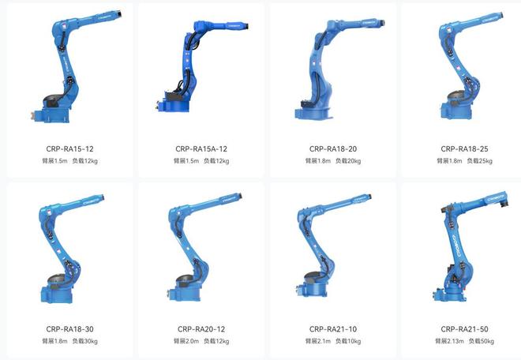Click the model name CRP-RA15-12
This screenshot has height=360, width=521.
click(x=69, y=149)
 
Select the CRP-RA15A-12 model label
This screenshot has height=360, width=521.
click(x=201, y=149)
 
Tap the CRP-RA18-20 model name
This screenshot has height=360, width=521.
click(x=333, y=149)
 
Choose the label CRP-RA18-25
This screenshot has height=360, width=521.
click(x=464, y=149)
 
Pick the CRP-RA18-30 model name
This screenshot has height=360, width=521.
click(x=69, y=329)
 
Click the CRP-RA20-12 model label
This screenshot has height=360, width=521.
click(x=201, y=329)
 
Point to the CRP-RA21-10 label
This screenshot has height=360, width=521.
click(x=333, y=329)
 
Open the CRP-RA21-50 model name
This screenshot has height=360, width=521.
click(x=464, y=329)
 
